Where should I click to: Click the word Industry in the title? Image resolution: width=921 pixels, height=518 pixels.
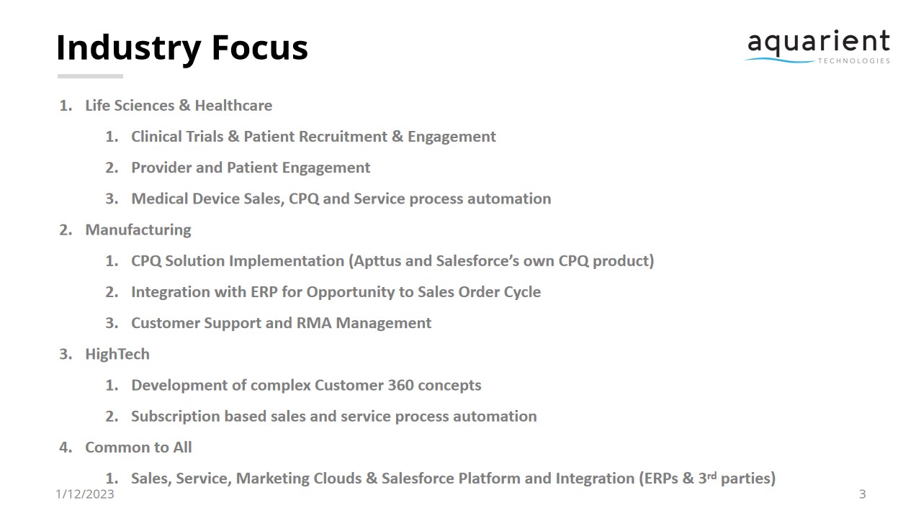pos(128,48)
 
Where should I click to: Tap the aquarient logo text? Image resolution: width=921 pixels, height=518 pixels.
pos(818,43)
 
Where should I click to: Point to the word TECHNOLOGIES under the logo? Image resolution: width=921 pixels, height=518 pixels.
pos(853,61)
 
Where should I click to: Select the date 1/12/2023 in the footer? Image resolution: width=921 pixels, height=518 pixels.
pos(84,494)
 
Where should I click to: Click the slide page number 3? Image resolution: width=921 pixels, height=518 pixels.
pos(862,494)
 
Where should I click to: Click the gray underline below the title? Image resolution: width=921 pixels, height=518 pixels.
pos(90,76)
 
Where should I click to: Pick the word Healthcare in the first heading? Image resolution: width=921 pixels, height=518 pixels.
pos(233,106)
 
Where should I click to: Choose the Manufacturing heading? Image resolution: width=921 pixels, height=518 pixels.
pos(138,230)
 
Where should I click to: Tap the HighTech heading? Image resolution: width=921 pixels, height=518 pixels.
pos(117,354)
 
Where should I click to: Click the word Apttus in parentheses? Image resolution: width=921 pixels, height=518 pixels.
pos(377,261)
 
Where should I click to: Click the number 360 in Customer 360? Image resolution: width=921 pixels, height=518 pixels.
pos(401,385)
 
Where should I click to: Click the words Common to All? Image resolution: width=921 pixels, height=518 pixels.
pos(138,447)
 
